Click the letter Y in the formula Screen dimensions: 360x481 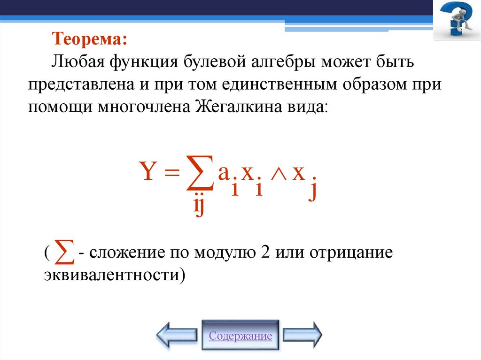click(x=148, y=173)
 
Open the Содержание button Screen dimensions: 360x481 click(x=240, y=336)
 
